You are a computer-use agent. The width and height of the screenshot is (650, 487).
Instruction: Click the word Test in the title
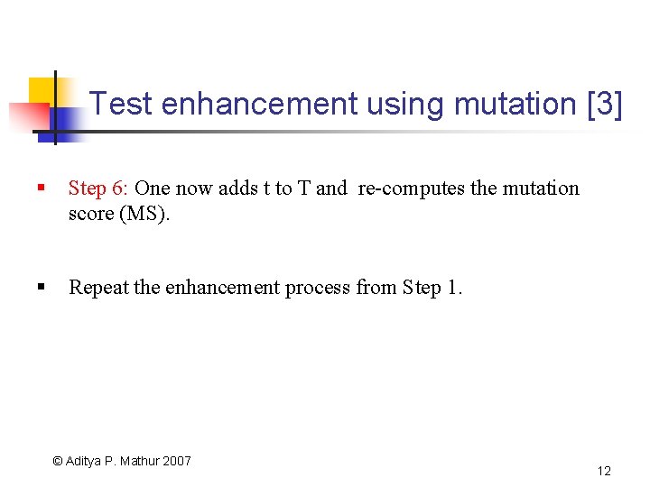(122, 104)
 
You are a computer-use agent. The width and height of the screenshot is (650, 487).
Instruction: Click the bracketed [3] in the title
(604, 104)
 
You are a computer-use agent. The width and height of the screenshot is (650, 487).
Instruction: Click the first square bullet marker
(41, 188)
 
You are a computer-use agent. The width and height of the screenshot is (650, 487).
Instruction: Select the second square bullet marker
(41, 288)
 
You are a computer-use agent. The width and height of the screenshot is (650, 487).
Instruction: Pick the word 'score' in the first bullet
(89, 216)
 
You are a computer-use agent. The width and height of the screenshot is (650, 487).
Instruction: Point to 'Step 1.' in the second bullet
(432, 288)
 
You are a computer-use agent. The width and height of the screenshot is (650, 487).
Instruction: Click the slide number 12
(604, 471)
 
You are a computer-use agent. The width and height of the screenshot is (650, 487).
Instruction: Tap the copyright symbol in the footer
(58, 461)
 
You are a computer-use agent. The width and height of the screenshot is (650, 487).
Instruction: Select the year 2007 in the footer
(178, 461)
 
